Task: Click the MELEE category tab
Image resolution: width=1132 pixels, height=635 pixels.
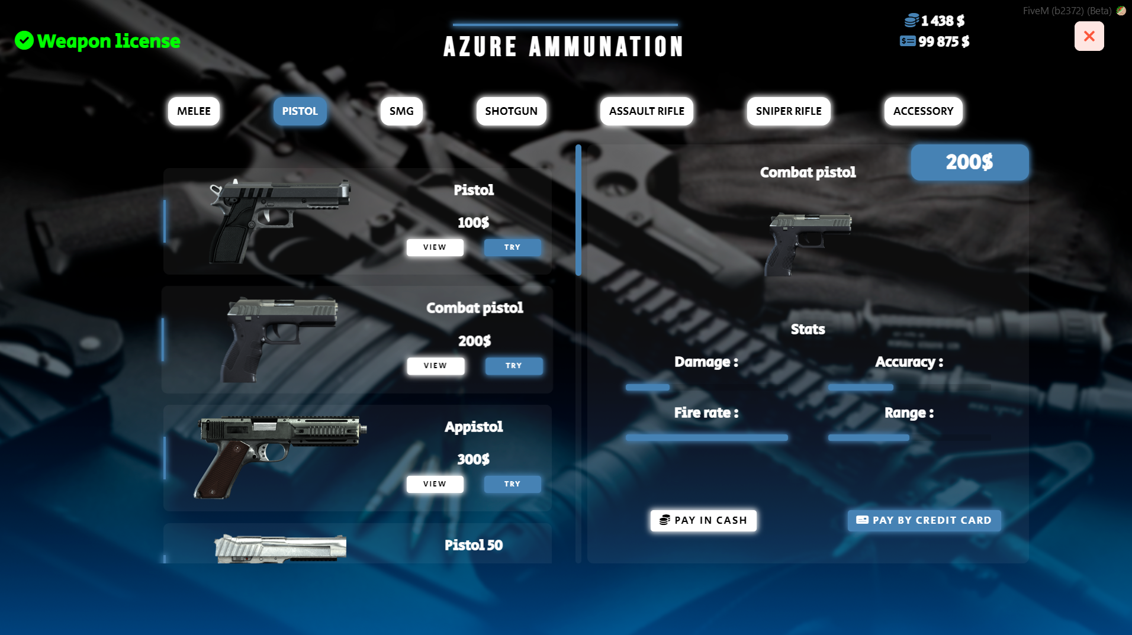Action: pos(194,111)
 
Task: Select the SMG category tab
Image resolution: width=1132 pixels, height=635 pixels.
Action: pos(401,111)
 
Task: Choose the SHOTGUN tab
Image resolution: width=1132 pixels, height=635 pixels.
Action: pos(511,111)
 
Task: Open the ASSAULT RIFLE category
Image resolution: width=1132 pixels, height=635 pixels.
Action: pos(647,111)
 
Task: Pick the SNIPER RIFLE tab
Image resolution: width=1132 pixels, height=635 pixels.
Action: pos(789,111)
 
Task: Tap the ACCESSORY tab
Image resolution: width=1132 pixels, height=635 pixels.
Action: pos(923,111)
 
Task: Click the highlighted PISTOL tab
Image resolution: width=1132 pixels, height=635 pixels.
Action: pos(300,111)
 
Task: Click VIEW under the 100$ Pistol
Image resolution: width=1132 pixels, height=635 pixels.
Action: pos(435,247)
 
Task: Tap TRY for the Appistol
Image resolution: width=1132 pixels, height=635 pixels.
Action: pos(512,484)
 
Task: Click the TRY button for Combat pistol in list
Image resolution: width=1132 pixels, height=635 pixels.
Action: pos(513,366)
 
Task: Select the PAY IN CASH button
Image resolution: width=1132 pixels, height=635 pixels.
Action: pos(703,520)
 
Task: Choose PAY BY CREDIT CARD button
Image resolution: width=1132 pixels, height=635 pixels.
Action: pos(924,520)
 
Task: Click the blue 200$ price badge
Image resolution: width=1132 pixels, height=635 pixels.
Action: pos(969,162)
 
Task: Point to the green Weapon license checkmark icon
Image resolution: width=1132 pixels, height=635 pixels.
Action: pos(24,41)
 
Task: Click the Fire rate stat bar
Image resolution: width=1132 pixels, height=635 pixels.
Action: pos(706,438)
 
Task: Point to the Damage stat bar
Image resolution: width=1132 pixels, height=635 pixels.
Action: pos(648,387)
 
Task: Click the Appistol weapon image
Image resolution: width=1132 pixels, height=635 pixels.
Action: pos(278,456)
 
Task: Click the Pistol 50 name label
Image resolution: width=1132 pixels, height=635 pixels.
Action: pos(473,545)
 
